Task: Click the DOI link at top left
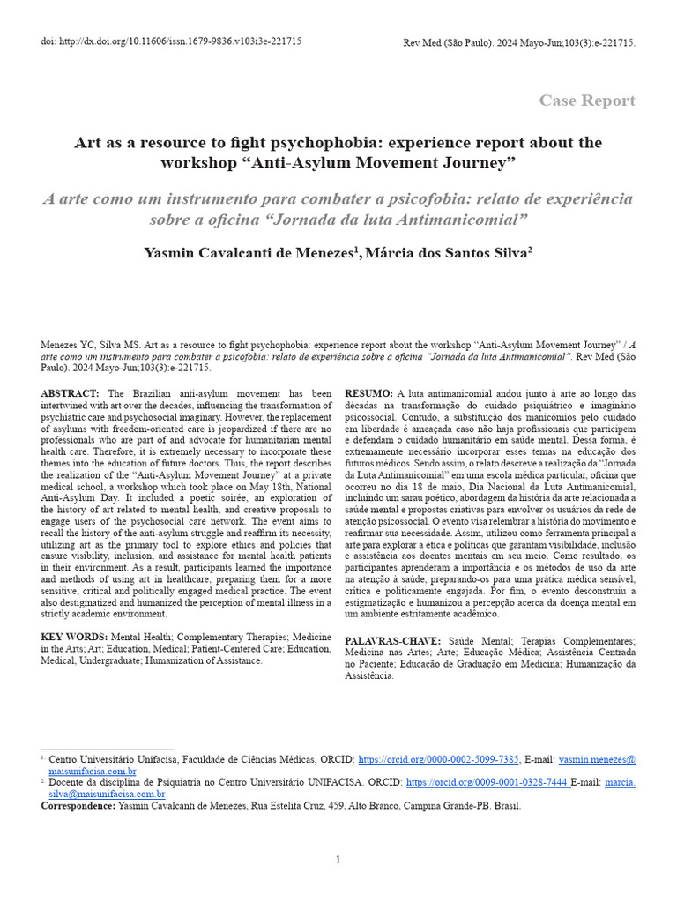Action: point(171,42)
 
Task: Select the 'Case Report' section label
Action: point(587,101)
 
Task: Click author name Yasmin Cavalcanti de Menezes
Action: point(249,253)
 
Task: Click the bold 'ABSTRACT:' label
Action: point(71,392)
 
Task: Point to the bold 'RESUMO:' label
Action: point(368,392)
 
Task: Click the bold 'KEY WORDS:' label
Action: point(74,637)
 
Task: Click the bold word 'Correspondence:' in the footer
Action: point(78,805)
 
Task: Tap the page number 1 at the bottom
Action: point(338,860)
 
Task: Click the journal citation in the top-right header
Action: point(518,42)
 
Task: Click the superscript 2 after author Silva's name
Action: point(530,250)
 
